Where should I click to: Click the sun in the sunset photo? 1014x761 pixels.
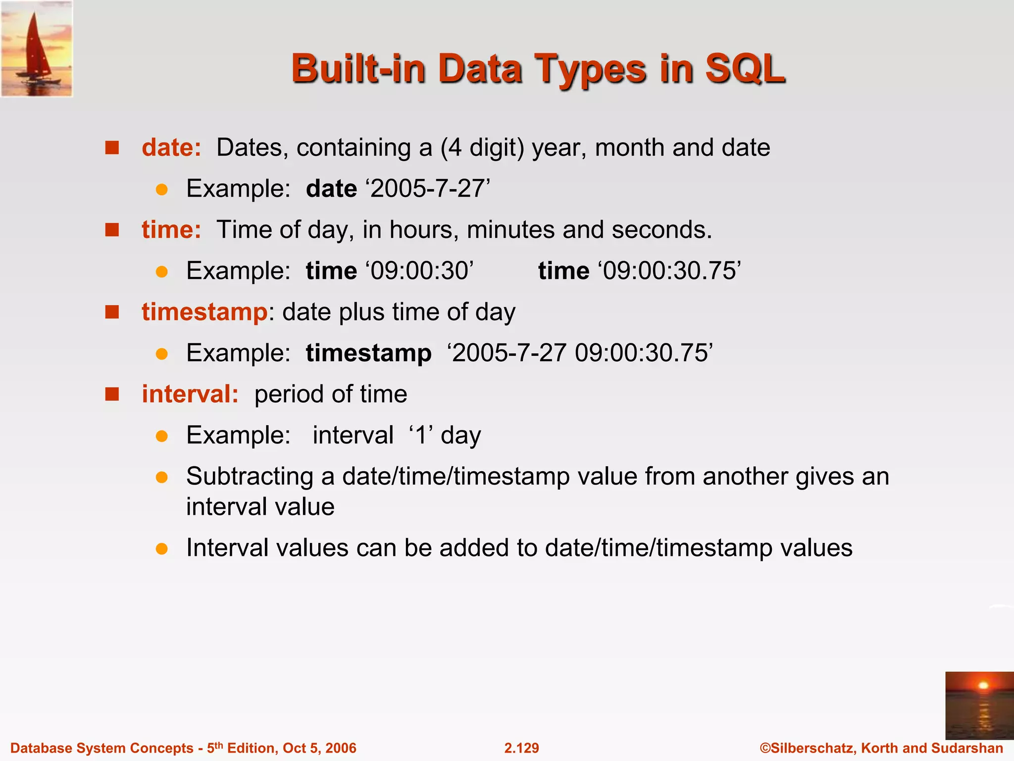[x=983, y=686]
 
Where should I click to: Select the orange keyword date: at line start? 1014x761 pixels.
[x=171, y=148]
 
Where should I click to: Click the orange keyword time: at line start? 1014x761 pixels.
[x=171, y=230]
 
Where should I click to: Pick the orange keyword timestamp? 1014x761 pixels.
[x=204, y=312]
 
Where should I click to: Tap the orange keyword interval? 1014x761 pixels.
[x=190, y=394]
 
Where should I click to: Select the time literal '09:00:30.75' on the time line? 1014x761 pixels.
[x=669, y=271]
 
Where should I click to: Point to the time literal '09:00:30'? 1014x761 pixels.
[x=420, y=271]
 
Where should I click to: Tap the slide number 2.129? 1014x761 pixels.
[x=521, y=748]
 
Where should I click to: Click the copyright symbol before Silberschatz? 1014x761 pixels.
[x=765, y=748]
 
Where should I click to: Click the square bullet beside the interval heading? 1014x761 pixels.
[x=112, y=394]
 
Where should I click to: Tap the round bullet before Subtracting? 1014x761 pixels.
[x=161, y=477]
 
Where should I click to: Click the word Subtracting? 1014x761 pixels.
[x=250, y=477]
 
